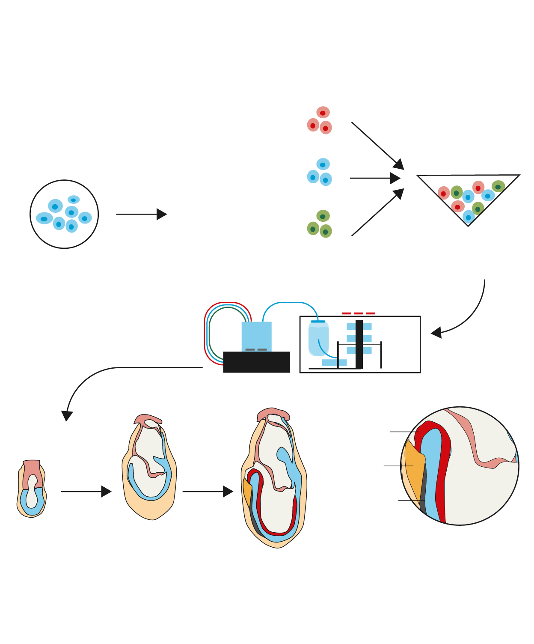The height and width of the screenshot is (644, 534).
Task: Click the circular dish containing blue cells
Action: coord(64,214)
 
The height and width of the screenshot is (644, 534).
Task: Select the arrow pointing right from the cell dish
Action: coord(141,214)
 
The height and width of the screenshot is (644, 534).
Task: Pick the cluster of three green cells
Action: coord(320,224)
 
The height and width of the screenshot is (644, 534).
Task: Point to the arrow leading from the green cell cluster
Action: coord(377,213)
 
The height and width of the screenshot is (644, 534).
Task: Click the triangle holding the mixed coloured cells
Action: coord(468,195)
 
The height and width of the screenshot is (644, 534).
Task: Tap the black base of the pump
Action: coord(256,362)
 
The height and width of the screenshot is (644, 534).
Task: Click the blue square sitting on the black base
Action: coord(256,336)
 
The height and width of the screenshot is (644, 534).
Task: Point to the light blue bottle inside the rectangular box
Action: coord(318,338)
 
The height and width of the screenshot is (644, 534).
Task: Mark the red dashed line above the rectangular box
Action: coord(359,313)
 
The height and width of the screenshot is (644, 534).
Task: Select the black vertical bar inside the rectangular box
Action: coord(359,345)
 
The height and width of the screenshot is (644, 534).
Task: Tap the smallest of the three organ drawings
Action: coord(32,489)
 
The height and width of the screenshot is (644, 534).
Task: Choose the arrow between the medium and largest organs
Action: coord(208,492)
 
